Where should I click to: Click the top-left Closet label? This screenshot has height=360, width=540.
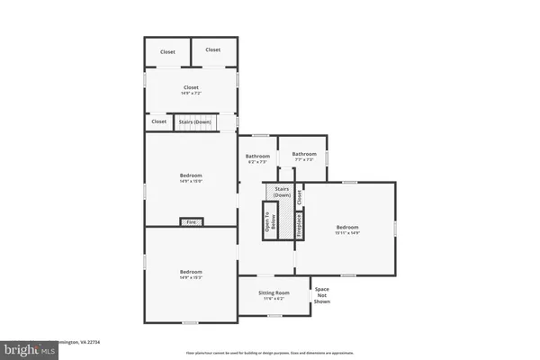coord(168,51)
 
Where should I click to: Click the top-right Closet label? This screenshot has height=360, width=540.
coord(213,49)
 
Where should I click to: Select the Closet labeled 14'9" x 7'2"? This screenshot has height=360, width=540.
coord(191,89)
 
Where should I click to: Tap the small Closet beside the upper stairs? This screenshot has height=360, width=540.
coord(159,121)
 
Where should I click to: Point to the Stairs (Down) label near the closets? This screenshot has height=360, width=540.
coord(195,121)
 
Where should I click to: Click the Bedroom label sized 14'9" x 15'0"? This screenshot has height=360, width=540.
coord(191,177)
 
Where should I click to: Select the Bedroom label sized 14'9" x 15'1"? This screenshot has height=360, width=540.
coord(191,274)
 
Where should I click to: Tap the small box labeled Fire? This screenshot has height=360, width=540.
coord(190,221)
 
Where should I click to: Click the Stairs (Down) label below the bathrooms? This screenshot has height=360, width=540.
coord(282,192)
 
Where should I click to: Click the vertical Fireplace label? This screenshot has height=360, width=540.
coord(300,225)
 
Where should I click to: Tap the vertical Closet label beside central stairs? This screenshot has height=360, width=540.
coord(300,194)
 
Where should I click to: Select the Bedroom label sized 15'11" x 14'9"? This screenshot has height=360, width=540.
coord(347,229)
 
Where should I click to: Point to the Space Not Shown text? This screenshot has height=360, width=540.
coord(321,295)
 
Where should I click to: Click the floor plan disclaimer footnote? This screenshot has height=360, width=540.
coord(270,352)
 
